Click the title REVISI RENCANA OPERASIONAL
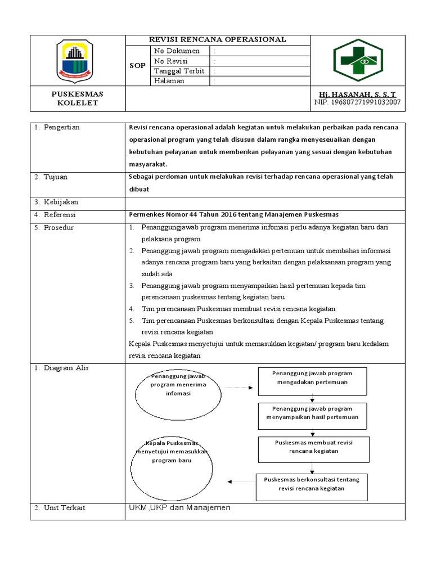click(217, 39)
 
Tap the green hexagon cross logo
click(358, 60)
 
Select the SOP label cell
click(137, 66)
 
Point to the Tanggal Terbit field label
click(179, 71)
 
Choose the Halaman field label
click(169, 81)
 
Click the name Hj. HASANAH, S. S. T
click(357, 94)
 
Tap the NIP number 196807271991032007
click(357, 102)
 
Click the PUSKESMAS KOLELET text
click(77, 98)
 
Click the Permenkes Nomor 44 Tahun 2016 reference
click(233, 215)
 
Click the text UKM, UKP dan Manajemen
click(179, 508)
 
